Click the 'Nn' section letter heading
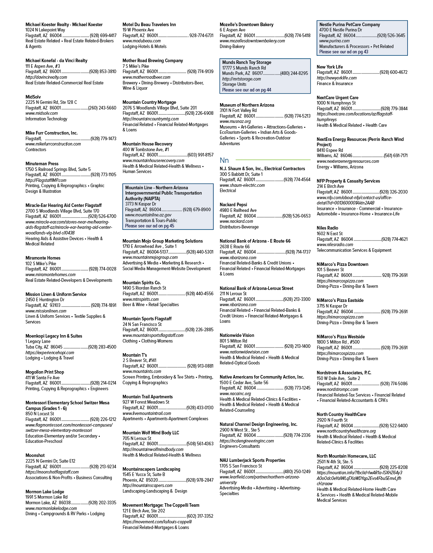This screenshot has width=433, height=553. pyautogui.click(x=224, y=160)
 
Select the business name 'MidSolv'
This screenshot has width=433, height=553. pyautogui.click(x=33, y=97)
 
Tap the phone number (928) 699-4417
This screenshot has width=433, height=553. pyautogui.click(x=103, y=36)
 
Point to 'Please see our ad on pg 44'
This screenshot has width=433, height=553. pyautogui.click(x=247, y=90)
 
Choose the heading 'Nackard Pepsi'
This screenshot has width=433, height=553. pyautogui.click(x=233, y=205)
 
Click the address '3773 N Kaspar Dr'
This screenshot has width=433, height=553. pyautogui.click(x=140, y=204)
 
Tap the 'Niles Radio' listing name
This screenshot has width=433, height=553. pyautogui.click(x=328, y=228)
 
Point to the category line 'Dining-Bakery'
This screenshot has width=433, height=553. pyautogui.click(x=232, y=47)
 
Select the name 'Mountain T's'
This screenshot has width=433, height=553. pyautogui.click(x=134, y=355)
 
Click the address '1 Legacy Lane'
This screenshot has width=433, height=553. pyautogui.click(x=38, y=341)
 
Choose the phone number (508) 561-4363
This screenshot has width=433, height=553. pyautogui.click(x=200, y=444)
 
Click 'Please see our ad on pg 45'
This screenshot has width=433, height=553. pyautogui.click(x=150, y=226)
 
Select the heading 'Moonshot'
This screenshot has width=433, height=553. pyautogui.click(x=35, y=456)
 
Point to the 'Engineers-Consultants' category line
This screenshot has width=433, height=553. pyautogui.click(x=240, y=446)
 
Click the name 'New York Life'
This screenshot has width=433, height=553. pyautogui.click(x=330, y=67)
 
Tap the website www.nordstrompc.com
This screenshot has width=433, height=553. pyautogui.click(x=337, y=390)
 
